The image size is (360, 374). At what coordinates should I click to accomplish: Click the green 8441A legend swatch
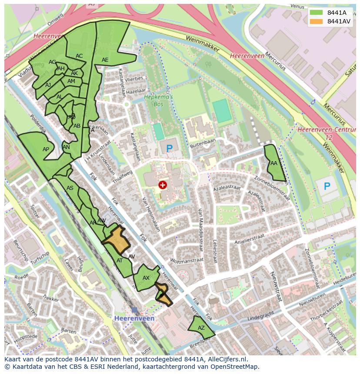click(317, 13)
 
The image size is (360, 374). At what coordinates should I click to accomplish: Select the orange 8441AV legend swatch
click(317, 21)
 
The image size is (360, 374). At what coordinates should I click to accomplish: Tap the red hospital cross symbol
click(163, 185)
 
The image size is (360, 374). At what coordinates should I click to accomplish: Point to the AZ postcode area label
click(201, 328)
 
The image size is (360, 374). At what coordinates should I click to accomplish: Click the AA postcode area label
click(273, 163)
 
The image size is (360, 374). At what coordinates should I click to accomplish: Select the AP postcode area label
click(46, 149)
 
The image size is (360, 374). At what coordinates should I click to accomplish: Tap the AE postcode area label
click(105, 60)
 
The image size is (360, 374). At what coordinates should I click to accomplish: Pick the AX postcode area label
click(146, 278)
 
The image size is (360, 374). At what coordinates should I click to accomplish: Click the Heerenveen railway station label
click(134, 318)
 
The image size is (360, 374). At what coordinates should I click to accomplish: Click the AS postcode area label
click(70, 188)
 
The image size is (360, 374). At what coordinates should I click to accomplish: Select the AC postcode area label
click(79, 56)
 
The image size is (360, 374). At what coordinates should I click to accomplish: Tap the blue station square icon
click(134, 310)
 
